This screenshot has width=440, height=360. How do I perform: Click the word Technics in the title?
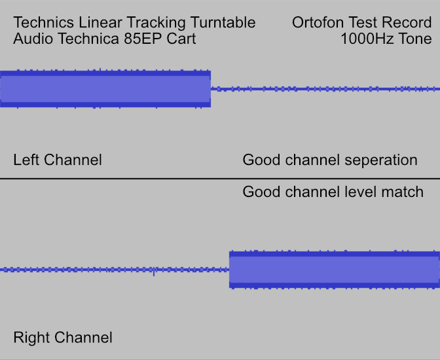click(x=44, y=22)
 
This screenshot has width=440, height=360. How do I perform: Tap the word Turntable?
click(x=223, y=22)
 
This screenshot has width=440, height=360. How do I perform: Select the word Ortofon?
click(x=318, y=22)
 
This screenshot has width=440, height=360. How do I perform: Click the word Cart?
click(x=181, y=39)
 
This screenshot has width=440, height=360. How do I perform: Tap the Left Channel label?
click(x=58, y=160)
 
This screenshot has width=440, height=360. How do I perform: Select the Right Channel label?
click(x=63, y=337)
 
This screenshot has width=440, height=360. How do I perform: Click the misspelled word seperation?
click(x=381, y=160)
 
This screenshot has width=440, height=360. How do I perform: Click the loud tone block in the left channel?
click(x=105, y=89)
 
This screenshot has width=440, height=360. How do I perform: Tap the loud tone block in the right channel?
click(x=335, y=270)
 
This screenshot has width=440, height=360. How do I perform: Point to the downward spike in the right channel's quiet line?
click(x=154, y=273)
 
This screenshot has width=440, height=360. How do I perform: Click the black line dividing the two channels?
click(x=220, y=179)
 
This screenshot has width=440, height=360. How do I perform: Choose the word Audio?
click(x=33, y=39)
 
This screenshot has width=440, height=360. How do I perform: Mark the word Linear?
click(x=100, y=22)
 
